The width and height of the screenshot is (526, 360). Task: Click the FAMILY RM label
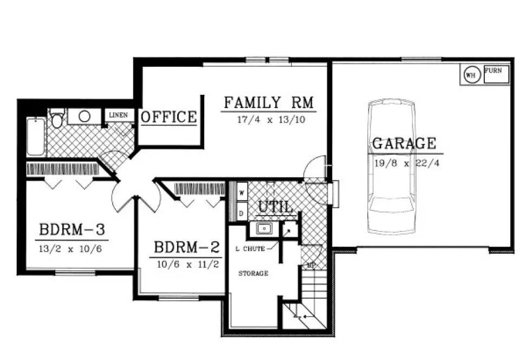[x=269, y=102]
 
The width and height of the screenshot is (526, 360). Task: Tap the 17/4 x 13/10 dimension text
[x=269, y=120]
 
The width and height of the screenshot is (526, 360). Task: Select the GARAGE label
[x=404, y=144]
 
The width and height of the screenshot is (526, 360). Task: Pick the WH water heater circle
[x=471, y=75]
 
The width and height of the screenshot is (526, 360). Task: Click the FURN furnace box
[x=496, y=75]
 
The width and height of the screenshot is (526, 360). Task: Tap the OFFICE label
[x=168, y=117]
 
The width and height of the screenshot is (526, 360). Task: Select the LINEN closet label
[x=119, y=115]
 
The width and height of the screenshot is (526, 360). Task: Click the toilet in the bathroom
[x=57, y=117]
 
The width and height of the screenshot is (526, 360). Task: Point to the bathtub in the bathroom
[x=36, y=137]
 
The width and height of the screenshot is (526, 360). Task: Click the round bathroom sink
[x=84, y=116]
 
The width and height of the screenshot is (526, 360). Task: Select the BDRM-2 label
[x=187, y=248]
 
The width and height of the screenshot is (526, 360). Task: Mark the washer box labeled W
[x=241, y=192]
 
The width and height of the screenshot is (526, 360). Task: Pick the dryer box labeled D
[x=241, y=213]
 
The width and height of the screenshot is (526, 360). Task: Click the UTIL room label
[x=276, y=207]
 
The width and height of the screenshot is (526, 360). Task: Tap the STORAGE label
[x=253, y=274]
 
